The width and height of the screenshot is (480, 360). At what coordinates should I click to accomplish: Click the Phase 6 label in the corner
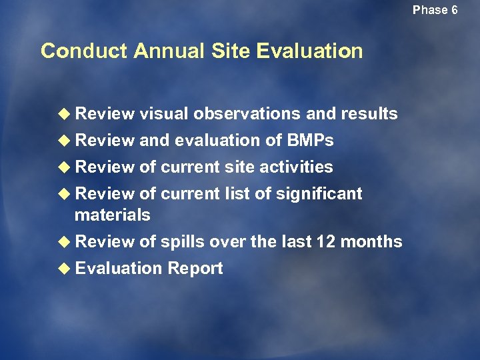[x=435, y=10]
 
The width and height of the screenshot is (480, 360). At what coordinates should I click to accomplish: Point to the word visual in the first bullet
[x=164, y=114]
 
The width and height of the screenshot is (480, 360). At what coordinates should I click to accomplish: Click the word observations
[x=247, y=114]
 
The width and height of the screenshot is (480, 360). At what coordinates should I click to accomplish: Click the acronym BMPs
[x=309, y=141]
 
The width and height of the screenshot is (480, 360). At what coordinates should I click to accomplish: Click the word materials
[x=113, y=215]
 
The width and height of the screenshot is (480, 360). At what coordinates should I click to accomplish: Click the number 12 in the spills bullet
[x=327, y=241]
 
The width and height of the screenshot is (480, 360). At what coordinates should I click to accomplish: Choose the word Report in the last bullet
[x=195, y=268]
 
